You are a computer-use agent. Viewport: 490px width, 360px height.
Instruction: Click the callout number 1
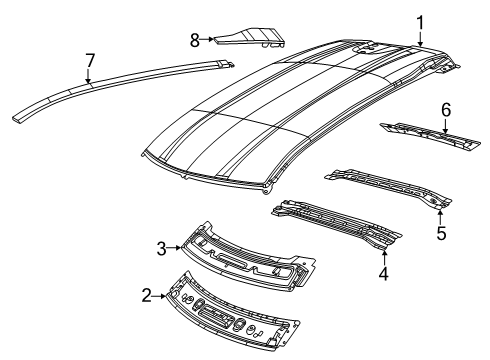tap(420, 21)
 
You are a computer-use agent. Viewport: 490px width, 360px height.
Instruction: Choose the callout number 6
tap(446, 108)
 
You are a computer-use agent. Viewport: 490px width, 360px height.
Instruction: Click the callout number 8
tap(195, 39)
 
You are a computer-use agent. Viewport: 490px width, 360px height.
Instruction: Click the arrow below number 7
tap(88, 79)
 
